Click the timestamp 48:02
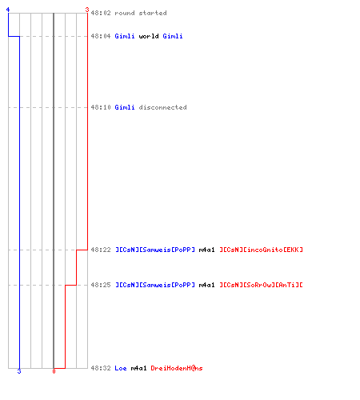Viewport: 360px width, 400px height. (x=101, y=13)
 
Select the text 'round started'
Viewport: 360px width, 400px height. (x=141, y=13)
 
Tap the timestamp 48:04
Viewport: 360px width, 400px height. (x=101, y=36)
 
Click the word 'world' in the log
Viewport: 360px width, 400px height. (x=149, y=36)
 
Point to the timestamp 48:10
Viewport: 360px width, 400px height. (x=101, y=107)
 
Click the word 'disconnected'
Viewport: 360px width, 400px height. (x=162, y=107)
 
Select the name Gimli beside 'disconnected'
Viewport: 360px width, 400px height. (x=125, y=107)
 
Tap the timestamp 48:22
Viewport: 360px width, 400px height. (x=101, y=250)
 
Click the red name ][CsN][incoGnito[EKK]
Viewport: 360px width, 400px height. (x=261, y=250)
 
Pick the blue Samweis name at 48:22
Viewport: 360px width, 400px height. (x=155, y=250)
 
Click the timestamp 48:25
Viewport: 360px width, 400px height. (x=101, y=285)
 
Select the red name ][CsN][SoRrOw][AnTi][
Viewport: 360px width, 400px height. (x=261, y=285)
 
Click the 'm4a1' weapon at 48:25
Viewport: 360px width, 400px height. (x=206, y=285)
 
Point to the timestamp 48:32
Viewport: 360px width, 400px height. (x=101, y=368)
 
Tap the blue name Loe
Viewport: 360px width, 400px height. (x=121, y=368)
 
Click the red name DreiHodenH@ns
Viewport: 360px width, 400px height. (x=177, y=368)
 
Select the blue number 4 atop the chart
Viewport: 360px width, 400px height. (x=8, y=10)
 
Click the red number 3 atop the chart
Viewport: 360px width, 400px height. (x=87, y=10)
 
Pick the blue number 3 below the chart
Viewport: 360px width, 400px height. (x=19, y=371)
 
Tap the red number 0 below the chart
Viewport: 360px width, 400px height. (x=54, y=371)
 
